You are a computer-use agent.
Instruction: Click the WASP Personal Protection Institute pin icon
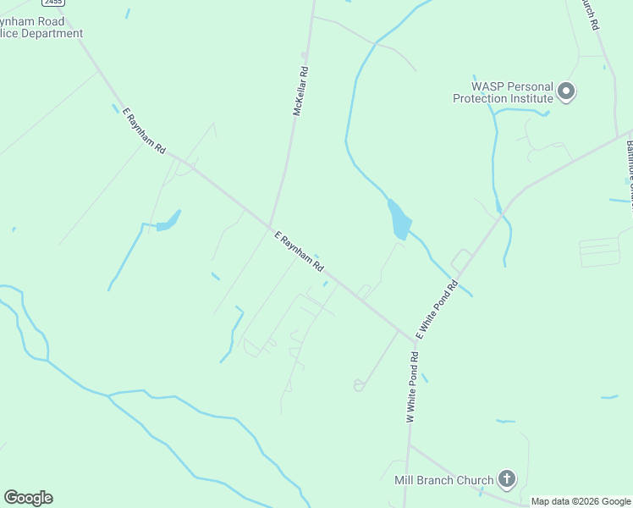click(x=567, y=91)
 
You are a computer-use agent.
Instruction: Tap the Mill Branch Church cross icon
click(x=506, y=480)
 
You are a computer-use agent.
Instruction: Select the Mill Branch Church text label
click(x=443, y=480)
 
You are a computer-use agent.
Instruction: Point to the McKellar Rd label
click(x=299, y=91)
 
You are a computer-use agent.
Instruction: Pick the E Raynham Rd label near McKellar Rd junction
click(x=299, y=252)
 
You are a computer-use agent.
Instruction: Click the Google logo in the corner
click(x=28, y=498)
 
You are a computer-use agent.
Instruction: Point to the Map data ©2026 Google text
click(x=581, y=501)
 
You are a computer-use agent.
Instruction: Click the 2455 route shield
click(x=52, y=3)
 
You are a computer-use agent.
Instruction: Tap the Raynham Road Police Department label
click(x=41, y=28)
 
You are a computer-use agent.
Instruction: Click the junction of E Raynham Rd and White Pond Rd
click(x=416, y=340)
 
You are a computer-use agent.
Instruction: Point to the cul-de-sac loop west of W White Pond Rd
click(x=359, y=386)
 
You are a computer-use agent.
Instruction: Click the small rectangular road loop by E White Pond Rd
click(x=462, y=259)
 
